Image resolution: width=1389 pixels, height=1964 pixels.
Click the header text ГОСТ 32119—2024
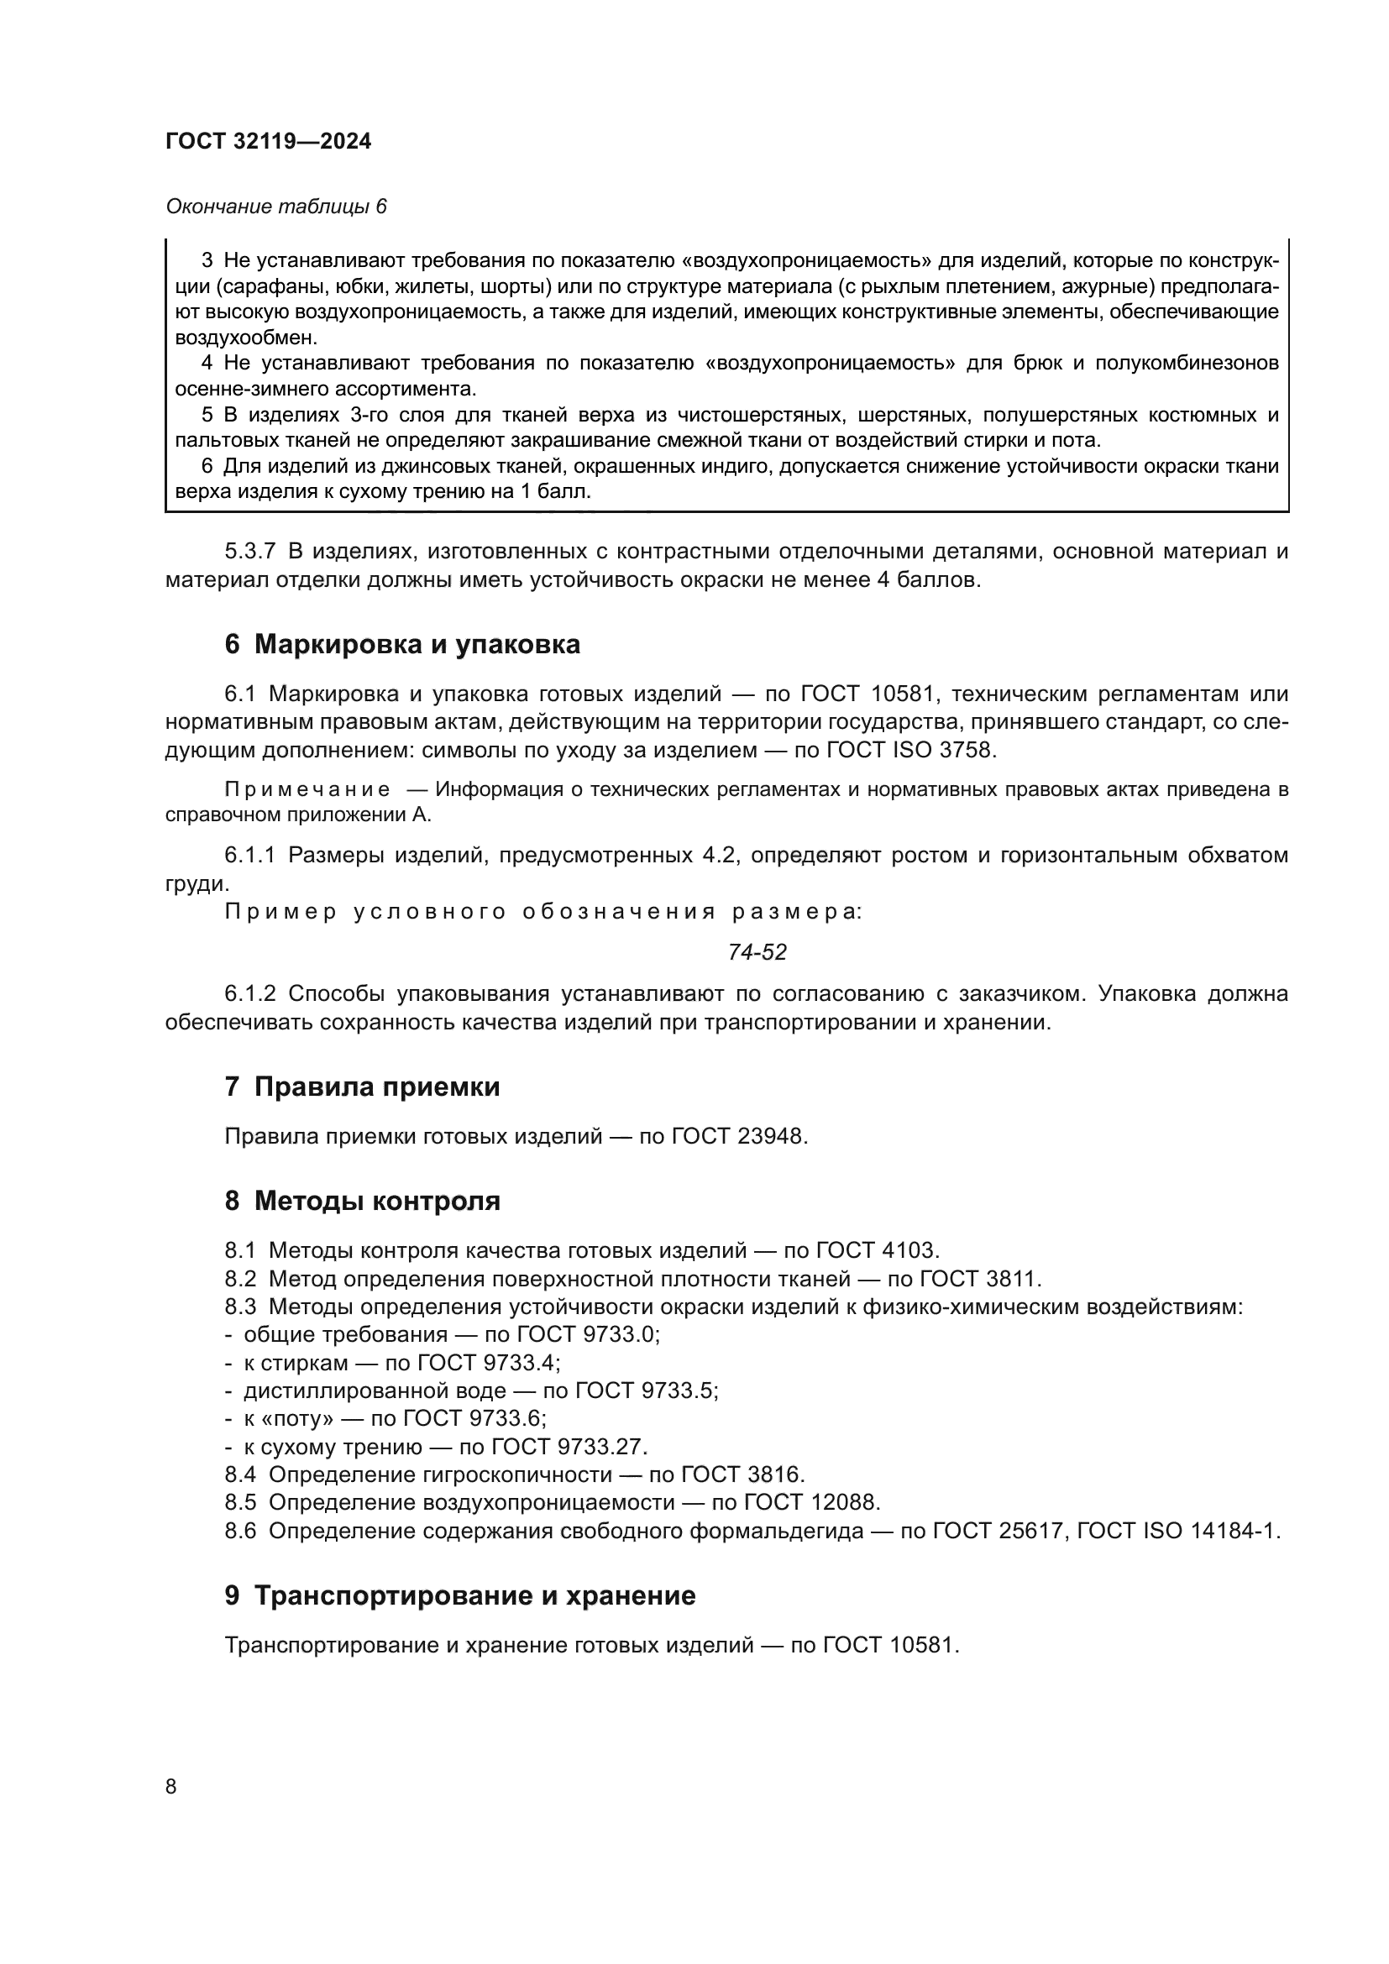pyautogui.click(x=269, y=142)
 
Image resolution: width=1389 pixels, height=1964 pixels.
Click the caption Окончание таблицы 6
pyautogui.click(x=276, y=207)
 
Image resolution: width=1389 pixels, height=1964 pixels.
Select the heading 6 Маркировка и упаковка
pyautogui.click(x=402, y=644)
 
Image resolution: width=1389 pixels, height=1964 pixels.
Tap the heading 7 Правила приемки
pyautogui.click(x=362, y=1087)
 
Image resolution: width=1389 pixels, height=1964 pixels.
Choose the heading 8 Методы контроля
pyautogui.click(x=362, y=1201)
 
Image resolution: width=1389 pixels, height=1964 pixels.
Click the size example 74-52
pyautogui.click(x=757, y=952)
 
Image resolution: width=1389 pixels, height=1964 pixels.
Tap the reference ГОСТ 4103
pyautogui.click(x=878, y=1250)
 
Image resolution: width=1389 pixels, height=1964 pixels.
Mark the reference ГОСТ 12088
pyautogui.click(x=812, y=1503)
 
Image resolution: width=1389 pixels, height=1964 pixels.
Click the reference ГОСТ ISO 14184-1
pyautogui.click(x=1178, y=1532)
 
